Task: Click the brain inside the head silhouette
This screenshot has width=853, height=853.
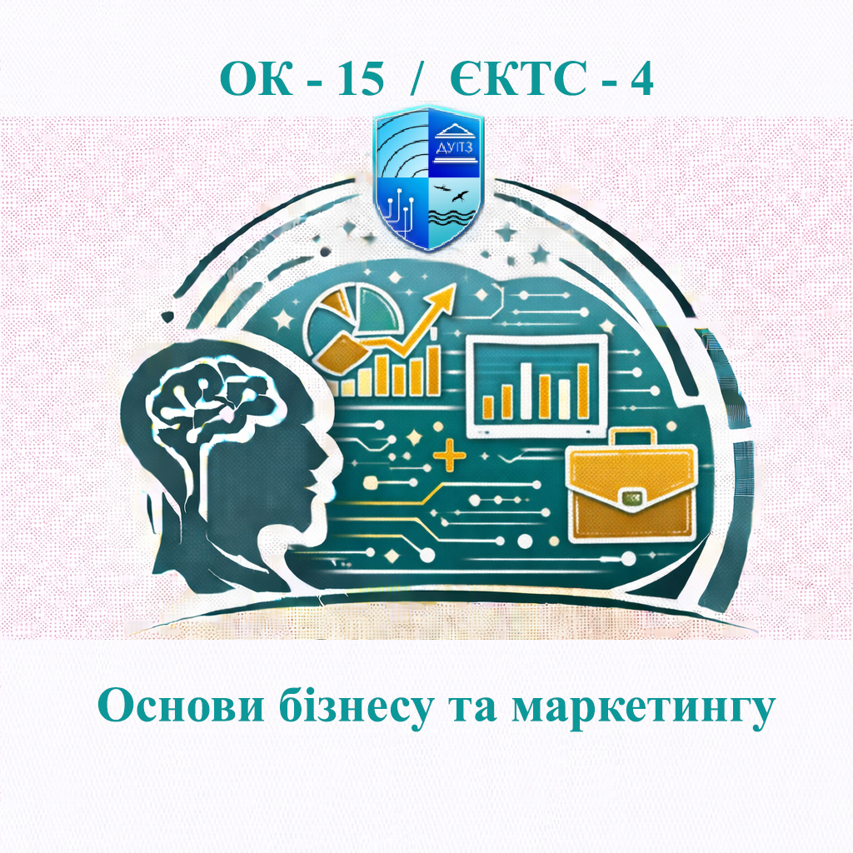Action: [x=213, y=392]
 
